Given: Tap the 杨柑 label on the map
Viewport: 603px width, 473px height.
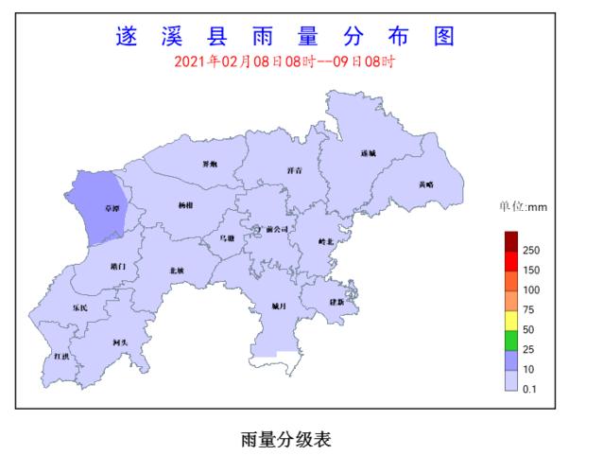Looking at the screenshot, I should tap(185, 205).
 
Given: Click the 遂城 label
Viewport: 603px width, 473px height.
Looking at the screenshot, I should tap(368, 152).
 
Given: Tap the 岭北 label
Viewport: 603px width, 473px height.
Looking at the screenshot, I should tap(326, 242).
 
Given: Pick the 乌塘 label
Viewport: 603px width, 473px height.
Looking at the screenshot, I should tap(228, 238).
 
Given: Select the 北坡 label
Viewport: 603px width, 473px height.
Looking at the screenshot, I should tap(176, 271).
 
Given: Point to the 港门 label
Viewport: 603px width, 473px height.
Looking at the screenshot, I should tap(117, 267).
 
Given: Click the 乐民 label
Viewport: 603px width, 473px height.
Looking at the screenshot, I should tap(80, 308).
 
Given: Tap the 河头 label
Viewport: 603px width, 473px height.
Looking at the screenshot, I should tap(119, 342).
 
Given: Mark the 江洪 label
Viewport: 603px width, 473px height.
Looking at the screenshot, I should tap(61, 356).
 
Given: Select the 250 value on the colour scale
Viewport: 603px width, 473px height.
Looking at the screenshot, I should tap(531, 251).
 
